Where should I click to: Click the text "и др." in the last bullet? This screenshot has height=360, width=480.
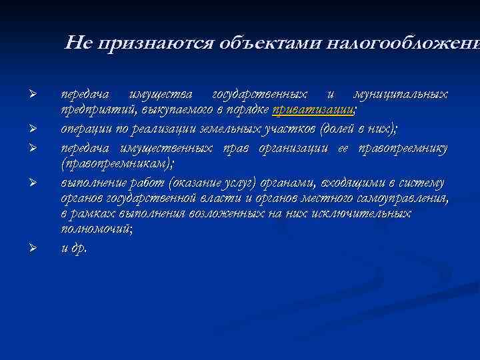coord(73,247)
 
